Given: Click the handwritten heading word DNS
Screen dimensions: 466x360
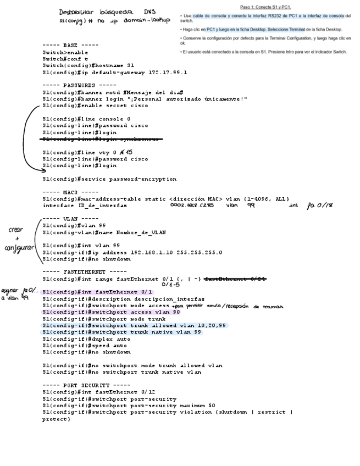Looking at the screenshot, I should coord(149,11).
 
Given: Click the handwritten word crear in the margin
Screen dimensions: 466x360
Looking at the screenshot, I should coord(15,230).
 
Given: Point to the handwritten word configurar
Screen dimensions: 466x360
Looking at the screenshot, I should coord(16,248).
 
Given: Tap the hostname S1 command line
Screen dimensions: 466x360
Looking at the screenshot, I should coord(88,65).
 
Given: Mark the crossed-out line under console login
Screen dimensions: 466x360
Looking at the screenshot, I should coord(102,139).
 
